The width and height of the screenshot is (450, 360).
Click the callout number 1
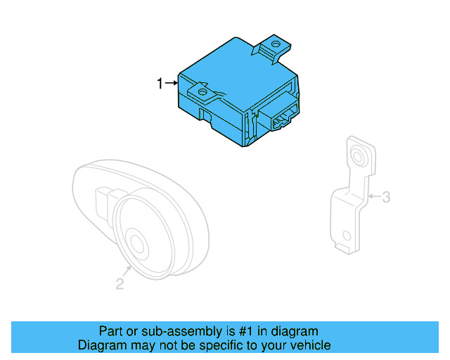pyautogui.click(x=160, y=84)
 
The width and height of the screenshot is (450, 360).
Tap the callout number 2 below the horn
pyautogui.click(x=120, y=284)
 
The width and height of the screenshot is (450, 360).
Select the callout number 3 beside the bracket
pyautogui.click(x=385, y=198)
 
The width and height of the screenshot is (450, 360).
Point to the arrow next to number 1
pyautogui.click(x=171, y=84)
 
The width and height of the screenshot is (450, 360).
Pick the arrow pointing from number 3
pyautogui.click(x=373, y=197)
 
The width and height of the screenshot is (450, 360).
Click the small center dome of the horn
pyautogui.click(x=137, y=244)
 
